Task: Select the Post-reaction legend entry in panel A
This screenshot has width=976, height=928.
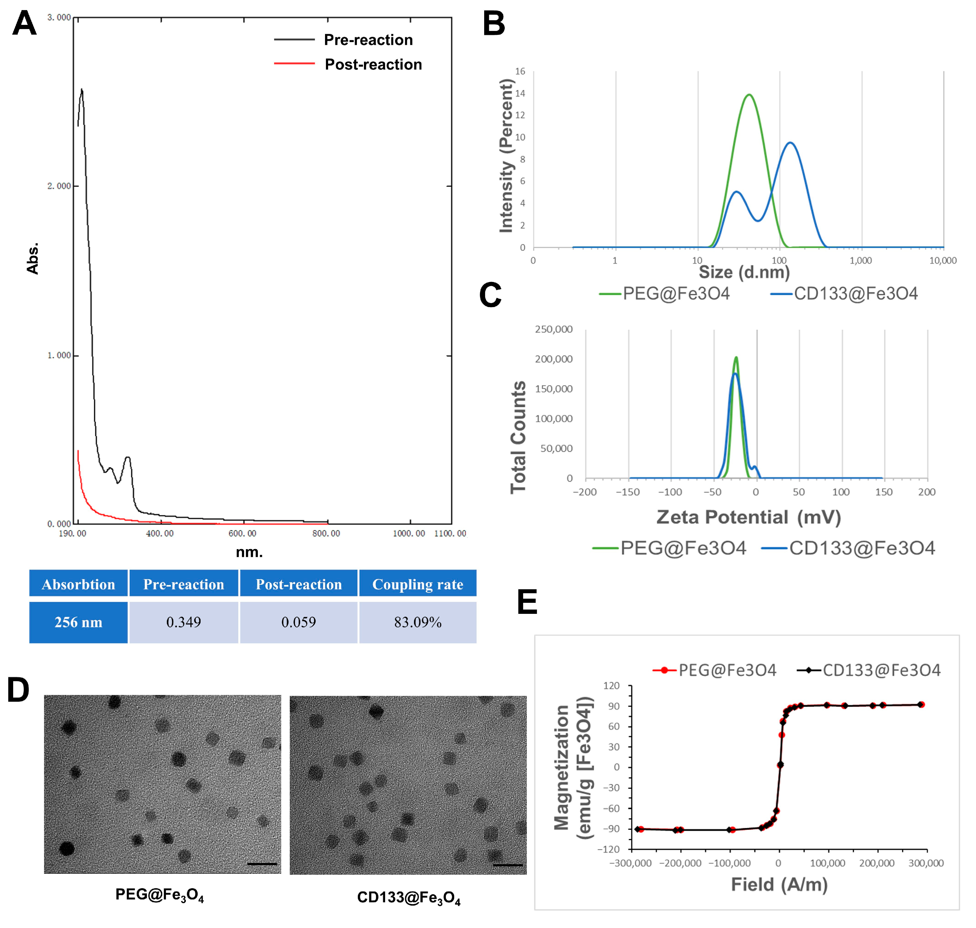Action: [x=373, y=64]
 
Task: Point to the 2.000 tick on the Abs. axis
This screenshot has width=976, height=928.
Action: [x=59, y=186]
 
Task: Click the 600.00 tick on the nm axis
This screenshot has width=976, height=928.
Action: [x=242, y=533]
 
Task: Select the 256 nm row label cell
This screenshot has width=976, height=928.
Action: [x=78, y=622]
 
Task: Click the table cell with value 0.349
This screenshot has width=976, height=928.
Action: [x=183, y=622]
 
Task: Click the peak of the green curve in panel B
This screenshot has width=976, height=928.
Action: [x=749, y=94]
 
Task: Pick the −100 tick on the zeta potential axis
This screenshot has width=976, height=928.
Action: [x=670, y=492]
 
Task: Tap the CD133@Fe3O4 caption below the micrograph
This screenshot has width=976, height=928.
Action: [x=408, y=898]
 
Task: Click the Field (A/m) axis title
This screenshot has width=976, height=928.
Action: [x=779, y=884]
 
